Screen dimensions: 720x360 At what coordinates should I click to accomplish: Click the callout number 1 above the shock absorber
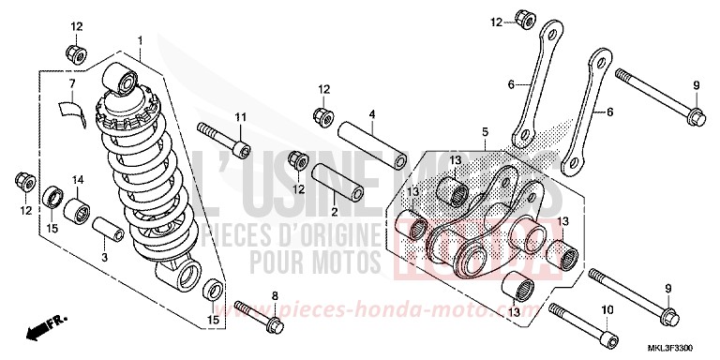coord(140,40)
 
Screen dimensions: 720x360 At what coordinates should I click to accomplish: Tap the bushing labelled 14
coord(78,206)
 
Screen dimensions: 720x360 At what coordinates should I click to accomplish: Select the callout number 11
coord(239,116)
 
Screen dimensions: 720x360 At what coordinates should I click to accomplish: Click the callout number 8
coord(275,296)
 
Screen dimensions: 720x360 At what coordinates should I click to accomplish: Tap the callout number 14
coord(78,179)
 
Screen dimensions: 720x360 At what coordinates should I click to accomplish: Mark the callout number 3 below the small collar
coord(104,255)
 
